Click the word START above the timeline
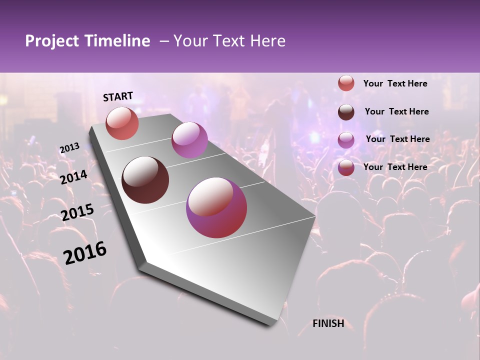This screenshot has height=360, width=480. point(118,96)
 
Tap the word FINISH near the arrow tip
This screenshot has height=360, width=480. point(328,323)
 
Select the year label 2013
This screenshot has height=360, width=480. point(69,148)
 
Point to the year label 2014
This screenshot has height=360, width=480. point(74,177)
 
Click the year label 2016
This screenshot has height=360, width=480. point(85,253)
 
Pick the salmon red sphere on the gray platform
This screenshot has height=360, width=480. point(122,123)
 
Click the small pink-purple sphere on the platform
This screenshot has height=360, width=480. point(189,140)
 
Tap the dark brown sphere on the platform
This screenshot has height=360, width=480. point(145,180)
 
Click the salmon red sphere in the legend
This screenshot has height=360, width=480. point(346,83)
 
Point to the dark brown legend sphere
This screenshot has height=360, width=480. point(346,112)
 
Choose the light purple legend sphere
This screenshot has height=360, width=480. point(346,140)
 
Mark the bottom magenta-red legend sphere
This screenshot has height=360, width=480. point(346,167)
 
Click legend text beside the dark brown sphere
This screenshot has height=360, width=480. point(396,111)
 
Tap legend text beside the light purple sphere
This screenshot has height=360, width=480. point(397,139)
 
